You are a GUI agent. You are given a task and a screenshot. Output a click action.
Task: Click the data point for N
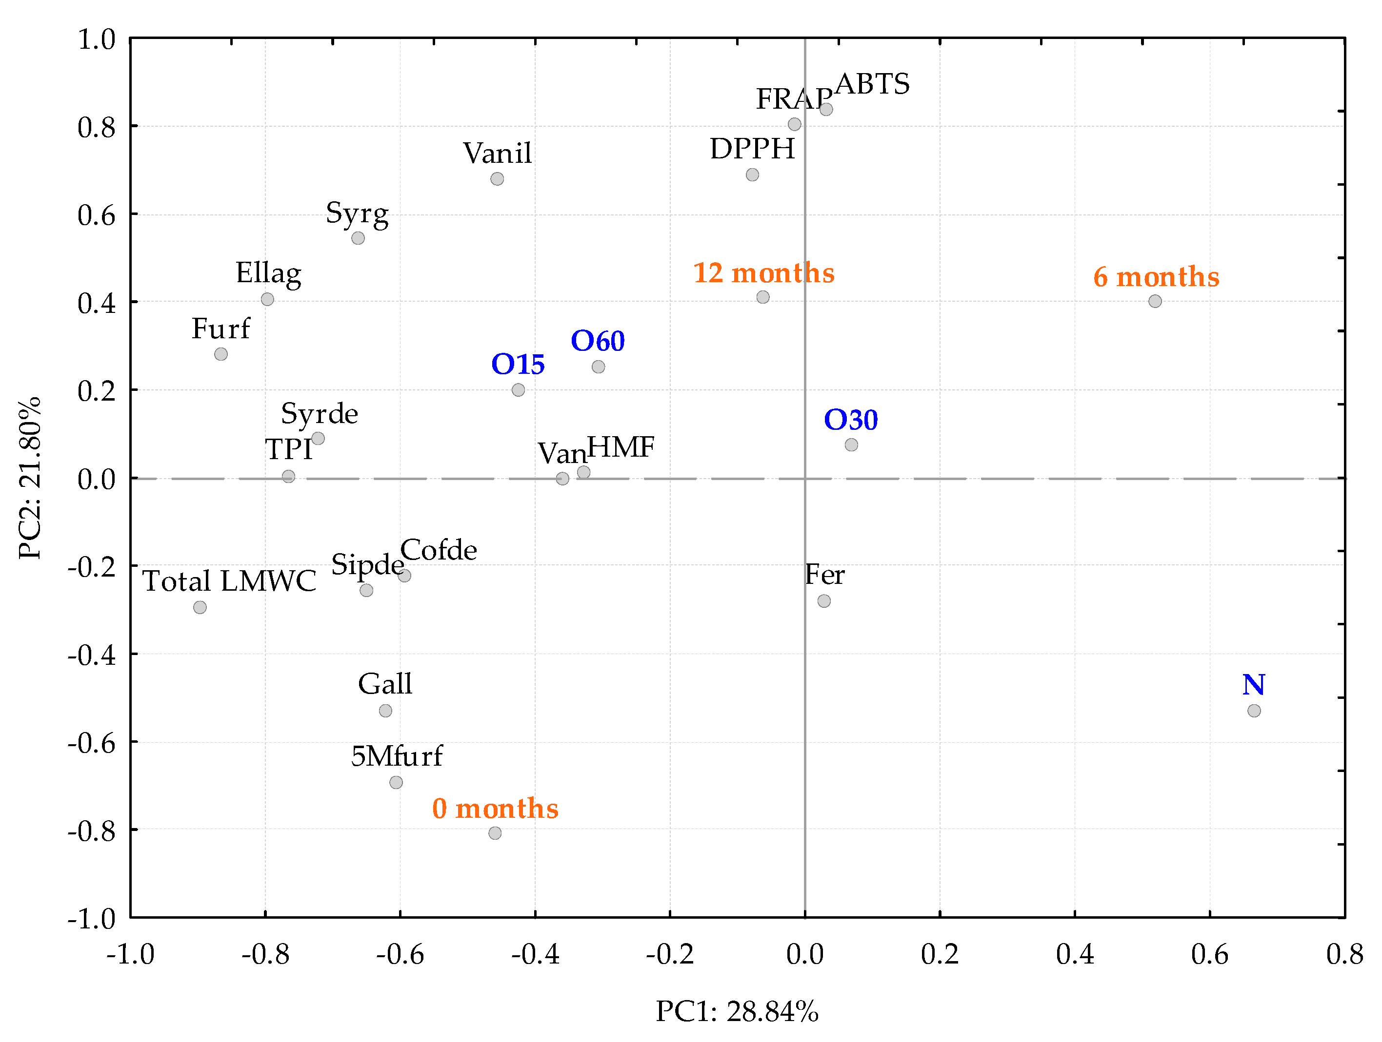pyautogui.click(x=1253, y=711)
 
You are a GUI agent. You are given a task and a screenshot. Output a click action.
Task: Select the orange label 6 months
pyautogui.click(x=1156, y=276)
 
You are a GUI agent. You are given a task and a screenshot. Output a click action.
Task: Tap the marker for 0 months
pyautogui.click(x=495, y=833)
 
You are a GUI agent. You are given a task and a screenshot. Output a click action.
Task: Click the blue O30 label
pyautogui.click(x=850, y=420)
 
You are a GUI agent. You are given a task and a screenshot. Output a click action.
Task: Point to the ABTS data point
pyautogui.click(x=826, y=109)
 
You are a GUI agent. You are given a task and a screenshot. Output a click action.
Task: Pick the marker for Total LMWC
pyautogui.click(x=200, y=607)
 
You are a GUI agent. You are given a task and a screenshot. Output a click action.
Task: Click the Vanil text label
pyautogui.click(x=497, y=153)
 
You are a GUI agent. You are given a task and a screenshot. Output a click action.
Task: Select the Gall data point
pyautogui.click(x=385, y=711)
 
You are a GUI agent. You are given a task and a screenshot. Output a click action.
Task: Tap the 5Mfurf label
pyautogui.click(x=397, y=756)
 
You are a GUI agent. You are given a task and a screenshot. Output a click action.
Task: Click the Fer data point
pyautogui.click(x=824, y=600)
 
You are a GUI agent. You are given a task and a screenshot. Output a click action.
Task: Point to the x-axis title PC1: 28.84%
pyautogui.click(x=737, y=1011)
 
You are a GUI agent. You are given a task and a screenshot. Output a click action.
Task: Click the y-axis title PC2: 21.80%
pyautogui.click(x=30, y=478)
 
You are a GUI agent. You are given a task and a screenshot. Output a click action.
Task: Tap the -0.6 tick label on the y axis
pyautogui.click(x=92, y=743)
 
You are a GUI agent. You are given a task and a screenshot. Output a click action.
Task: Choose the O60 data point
pyautogui.click(x=598, y=367)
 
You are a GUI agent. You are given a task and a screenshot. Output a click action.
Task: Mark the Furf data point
pyautogui.click(x=220, y=354)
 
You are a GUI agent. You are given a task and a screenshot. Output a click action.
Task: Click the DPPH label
pyautogui.click(x=752, y=149)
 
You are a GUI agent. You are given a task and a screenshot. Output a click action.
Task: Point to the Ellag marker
pyautogui.click(x=267, y=299)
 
